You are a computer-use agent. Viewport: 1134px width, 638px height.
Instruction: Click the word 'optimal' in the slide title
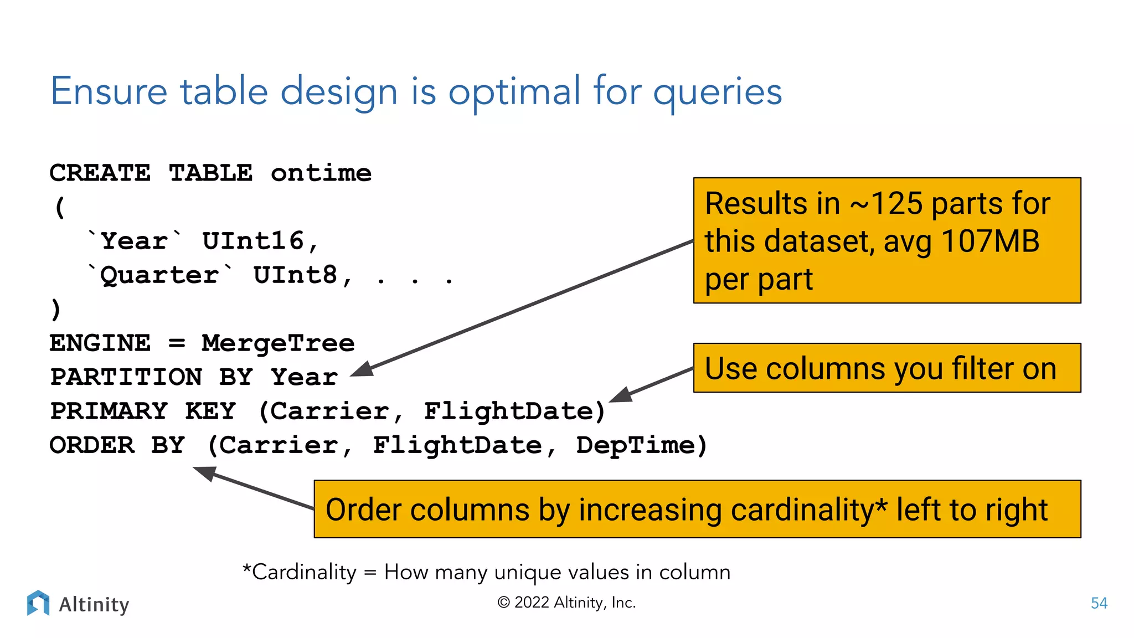(514, 92)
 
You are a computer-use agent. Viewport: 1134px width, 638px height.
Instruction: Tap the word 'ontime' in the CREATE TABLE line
(321, 173)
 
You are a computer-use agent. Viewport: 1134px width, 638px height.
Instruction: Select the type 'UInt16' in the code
(253, 241)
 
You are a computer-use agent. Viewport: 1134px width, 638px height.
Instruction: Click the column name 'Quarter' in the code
(159, 275)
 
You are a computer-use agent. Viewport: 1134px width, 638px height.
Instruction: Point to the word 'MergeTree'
(278, 343)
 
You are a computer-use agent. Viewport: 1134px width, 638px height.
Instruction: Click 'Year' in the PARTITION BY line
(304, 378)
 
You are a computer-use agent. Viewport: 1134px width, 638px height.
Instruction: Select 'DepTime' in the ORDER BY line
(636, 446)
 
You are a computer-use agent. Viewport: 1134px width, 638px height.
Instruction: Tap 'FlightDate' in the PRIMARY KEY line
(508, 411)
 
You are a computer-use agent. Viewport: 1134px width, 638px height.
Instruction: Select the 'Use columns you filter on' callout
(886, 368)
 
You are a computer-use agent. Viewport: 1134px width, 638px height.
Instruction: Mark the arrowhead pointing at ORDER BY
(204, 473)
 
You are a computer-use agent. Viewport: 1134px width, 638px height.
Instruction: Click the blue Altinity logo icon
(38, 603)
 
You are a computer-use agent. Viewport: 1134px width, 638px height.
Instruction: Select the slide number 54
(1099, 603)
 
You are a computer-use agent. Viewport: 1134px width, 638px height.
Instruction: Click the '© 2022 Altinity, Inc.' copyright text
(566, 603)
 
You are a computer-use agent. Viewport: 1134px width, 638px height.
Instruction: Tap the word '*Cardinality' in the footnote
(300, 572)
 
